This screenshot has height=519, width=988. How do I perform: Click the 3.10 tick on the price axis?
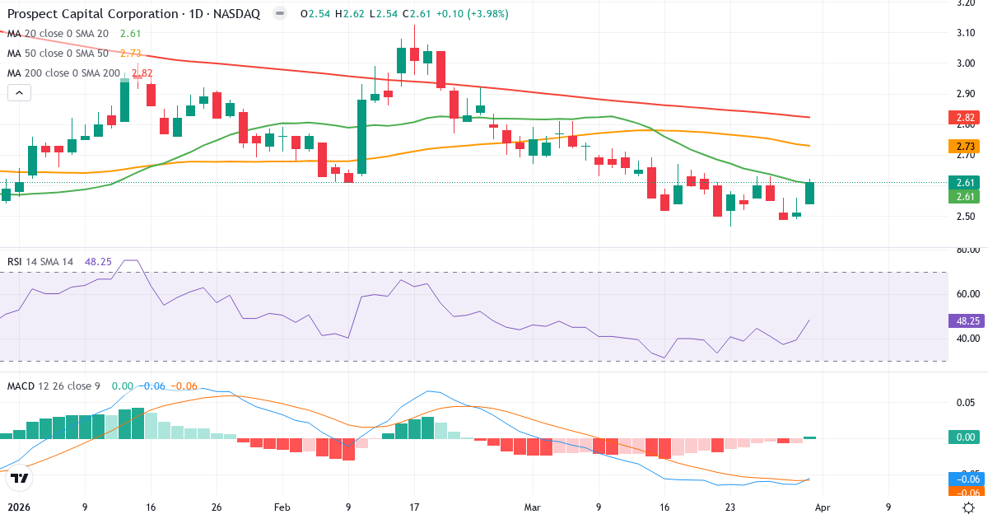pos(966,33)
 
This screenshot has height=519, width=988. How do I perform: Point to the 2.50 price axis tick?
pos(966,216)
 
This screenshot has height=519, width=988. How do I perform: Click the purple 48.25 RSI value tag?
pos(964,320)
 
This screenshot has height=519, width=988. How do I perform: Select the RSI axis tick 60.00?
pos(966,293)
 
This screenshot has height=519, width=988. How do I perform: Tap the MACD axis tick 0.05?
pos(966,402)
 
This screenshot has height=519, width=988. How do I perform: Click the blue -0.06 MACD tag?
pos(964,479)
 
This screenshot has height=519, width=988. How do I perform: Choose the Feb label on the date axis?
pos(282,507)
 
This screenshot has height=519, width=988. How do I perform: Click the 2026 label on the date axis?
pos(18,507)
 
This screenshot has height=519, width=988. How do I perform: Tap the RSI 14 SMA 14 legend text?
pos(40,261)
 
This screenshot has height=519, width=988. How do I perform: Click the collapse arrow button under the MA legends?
pos(19,93)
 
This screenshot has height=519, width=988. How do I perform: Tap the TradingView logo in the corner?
pos(20,477)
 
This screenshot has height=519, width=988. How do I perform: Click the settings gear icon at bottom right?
pos(969,507)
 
